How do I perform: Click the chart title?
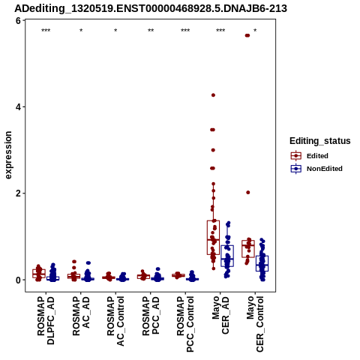[x=151, y=8]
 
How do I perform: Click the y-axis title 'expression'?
[x=8, y=155]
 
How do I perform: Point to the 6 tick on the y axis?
[x=18, y=20]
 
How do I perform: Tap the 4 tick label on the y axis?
[x=18, y=107]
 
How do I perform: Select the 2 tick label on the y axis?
[x=18, y=193]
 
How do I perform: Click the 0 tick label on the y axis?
[x=18, y=280]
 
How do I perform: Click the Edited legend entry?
[x=310, y=156]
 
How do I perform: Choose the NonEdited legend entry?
[x=316, y=169]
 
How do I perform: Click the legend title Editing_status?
[x=320, y=141]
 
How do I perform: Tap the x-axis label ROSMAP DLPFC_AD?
[x=46, y=320]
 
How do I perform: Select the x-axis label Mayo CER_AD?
[x=220, y=315]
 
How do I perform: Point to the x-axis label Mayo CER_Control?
[x=255, y=324]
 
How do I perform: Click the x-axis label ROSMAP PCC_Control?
[x=185, y=324]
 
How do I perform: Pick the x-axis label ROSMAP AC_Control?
[x=115, y=321]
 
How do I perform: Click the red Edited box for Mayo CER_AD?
[x=213, y=238]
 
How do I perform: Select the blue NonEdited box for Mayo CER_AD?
[x=227, y=256]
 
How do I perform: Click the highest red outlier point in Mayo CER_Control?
[x=247, y=35]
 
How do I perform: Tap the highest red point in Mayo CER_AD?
[x=213, y=95]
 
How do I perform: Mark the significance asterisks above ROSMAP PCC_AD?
[x=151, y=31]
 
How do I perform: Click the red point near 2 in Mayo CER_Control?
[x=248, y=193]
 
